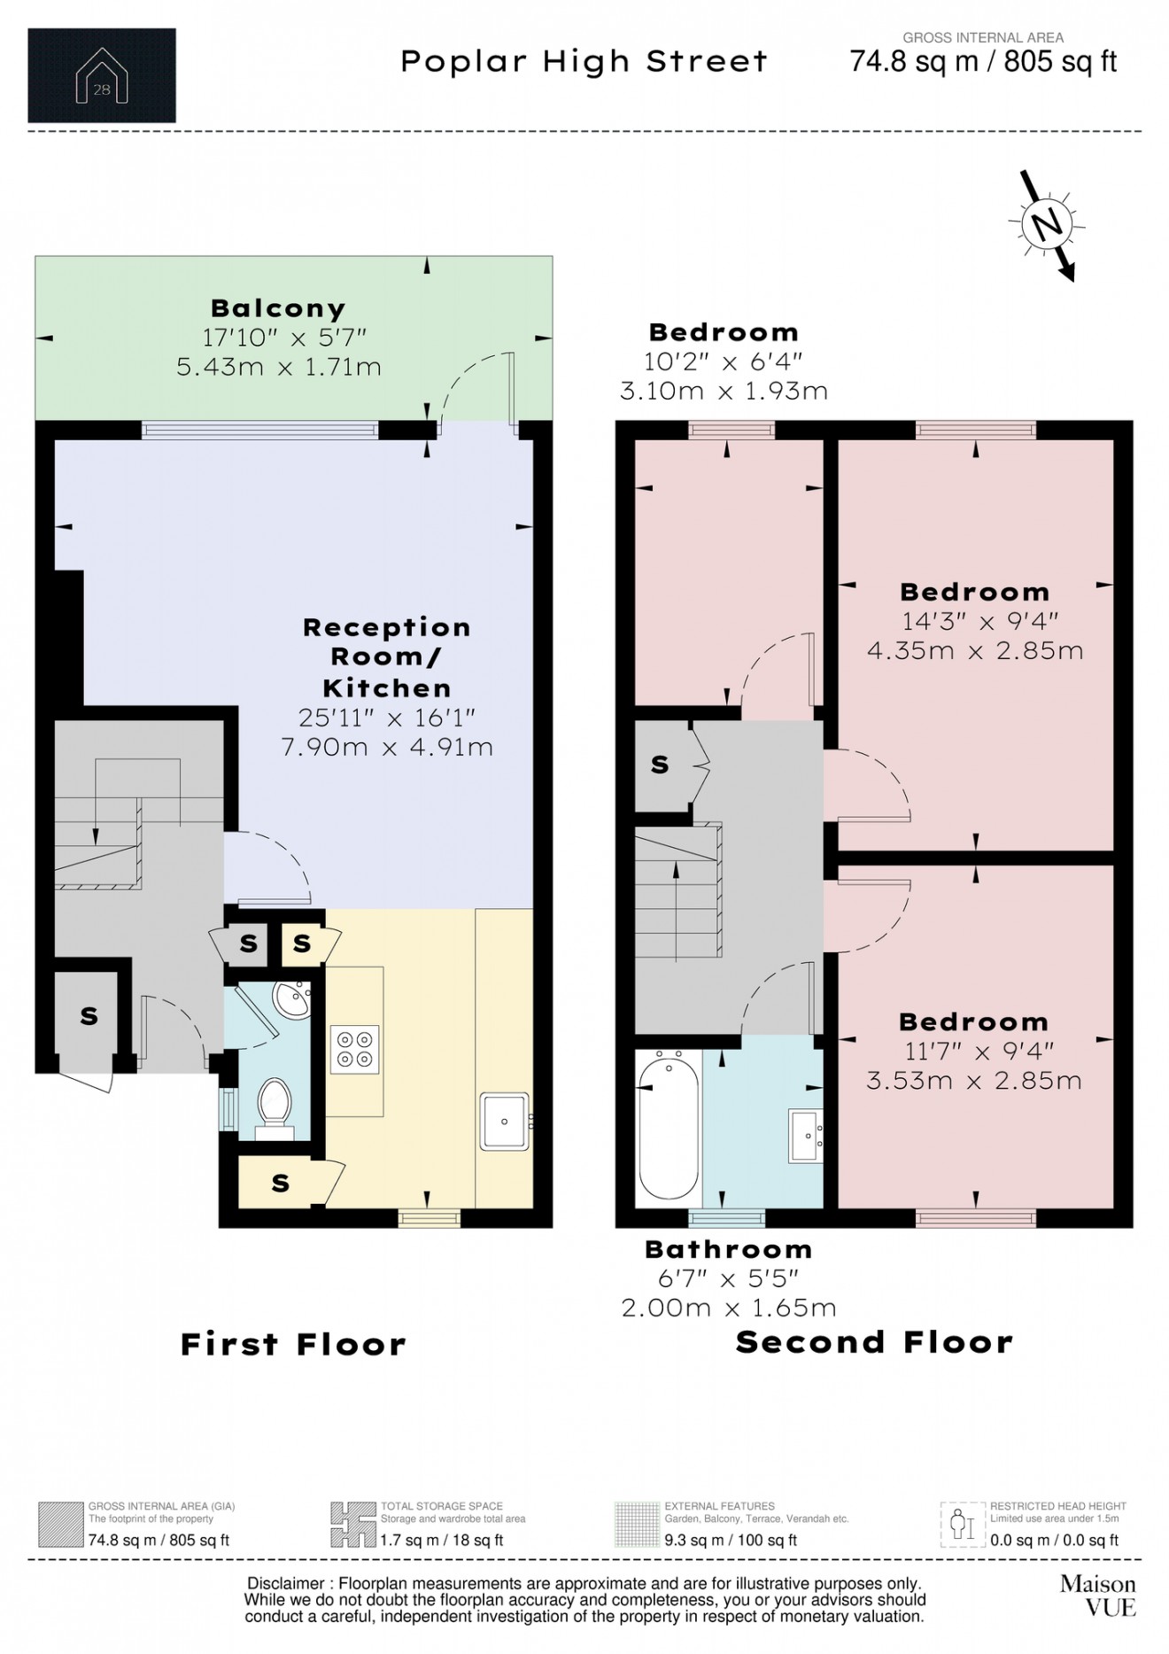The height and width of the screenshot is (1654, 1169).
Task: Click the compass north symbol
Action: [x=1047, y=224]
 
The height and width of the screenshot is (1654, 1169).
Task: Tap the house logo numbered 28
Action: [x=102, y=75]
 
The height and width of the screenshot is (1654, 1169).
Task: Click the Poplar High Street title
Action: [x=584, y=61]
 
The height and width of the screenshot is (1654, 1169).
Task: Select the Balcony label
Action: [x=278, y=308]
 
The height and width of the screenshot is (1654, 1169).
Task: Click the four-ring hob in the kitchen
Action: [x=355, y=1048]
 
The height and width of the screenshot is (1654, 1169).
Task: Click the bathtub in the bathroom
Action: [x=669, y=1129]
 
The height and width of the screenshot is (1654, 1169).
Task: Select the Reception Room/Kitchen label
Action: [x=388, y=657]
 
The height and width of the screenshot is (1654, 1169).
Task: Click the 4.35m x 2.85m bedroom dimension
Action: [x=974, y=650]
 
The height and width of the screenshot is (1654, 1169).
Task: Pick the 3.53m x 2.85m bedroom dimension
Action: [x=973, y=1081]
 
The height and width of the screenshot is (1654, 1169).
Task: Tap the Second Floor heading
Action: [x=874, y=1342]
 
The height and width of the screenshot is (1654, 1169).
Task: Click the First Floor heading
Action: [x=293, y=1344]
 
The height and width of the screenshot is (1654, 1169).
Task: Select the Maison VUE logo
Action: [x=1098, y=1595]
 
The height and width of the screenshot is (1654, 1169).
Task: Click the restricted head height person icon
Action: [x=963, y=1525]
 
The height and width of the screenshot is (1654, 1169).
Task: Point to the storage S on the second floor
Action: [x=660, y=765]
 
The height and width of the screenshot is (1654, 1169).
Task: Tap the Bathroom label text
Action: [x=728, y=1249]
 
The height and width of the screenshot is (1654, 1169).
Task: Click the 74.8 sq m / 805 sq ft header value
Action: [x=983, y=61]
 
